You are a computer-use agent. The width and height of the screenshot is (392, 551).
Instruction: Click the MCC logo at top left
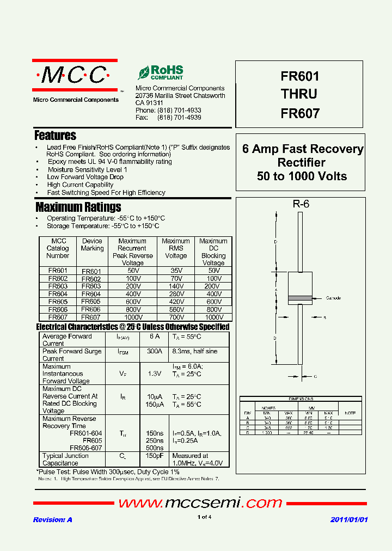[75, 75]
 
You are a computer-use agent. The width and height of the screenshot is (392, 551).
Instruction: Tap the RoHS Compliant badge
[161, 73]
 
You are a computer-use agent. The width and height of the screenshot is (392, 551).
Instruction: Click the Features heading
[55, 136]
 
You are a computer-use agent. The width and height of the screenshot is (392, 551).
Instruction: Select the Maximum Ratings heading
[78, 207]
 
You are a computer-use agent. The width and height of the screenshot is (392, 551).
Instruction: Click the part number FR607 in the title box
[299, 114]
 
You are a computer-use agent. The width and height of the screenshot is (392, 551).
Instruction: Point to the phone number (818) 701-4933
[179, 111]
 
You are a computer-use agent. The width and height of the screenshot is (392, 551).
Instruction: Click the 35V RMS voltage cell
[175, 271]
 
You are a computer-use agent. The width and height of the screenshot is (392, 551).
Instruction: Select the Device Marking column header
[92, 244]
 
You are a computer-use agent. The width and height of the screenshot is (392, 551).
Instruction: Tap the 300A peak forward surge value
[155, 352]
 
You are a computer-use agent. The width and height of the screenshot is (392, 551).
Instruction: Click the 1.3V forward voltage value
[155, 374]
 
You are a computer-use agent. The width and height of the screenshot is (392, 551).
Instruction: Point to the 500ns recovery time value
[155, 448]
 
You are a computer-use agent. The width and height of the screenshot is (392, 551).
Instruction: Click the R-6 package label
[301, 205]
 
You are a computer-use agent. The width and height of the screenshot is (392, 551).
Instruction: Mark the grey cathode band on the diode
[300, 298]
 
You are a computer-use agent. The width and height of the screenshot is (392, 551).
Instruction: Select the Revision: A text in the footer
[53, 520]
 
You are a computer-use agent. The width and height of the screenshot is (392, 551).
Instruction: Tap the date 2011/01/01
[349, 520]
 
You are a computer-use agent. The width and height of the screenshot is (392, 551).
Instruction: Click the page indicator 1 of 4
[204, 517]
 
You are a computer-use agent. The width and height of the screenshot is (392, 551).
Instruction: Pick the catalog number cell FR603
[58, 286]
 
